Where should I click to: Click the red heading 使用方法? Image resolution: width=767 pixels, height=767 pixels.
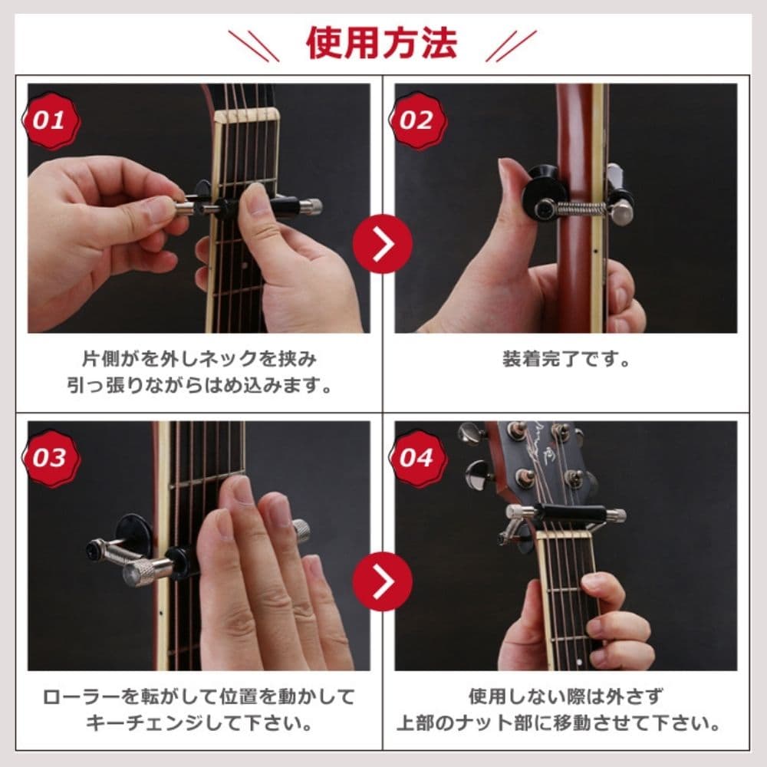tap(382, 44)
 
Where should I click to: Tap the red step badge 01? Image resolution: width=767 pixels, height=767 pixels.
tap(51, 120)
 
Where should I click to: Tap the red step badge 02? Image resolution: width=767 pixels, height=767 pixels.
tap(417, 120)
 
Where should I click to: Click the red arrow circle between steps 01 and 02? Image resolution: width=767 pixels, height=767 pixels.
tap(383, 244)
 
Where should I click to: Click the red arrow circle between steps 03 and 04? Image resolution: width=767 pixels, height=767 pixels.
tap(383, 581)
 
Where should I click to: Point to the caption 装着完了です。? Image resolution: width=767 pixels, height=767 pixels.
tap(567, 360)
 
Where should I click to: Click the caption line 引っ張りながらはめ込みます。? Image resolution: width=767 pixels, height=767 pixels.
tap(199, 386)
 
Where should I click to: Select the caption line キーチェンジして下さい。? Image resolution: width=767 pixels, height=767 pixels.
tap(199, 723)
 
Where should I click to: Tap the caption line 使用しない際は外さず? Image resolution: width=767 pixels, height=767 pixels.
tap(566, 696)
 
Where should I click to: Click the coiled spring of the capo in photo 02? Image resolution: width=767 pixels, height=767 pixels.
tap(583, 209)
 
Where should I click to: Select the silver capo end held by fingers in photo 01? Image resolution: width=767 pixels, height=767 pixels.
tap(186, 211)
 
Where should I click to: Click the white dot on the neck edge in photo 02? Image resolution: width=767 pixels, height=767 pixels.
tap(595, 252)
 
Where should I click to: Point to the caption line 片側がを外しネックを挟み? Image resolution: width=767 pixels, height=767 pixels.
tap(199, 360)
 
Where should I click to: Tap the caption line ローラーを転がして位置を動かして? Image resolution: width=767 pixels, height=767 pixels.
tap(199, 696)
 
